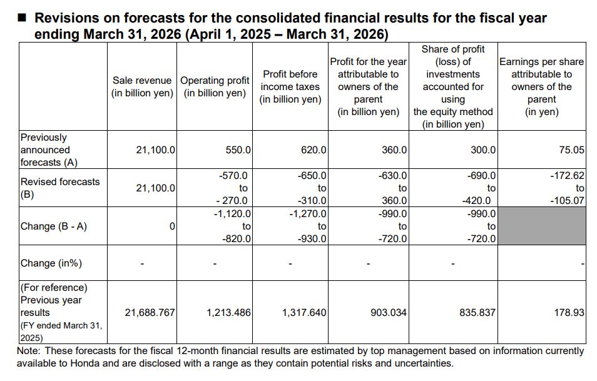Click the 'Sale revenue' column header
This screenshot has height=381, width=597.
pyautogui.click(x=142, y=87)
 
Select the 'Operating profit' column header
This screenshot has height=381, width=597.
pyautogui.click(x=215, y=87)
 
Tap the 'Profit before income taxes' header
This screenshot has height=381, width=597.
pyautogui.click(x=290, y=87)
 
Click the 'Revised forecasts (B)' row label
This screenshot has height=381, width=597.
pyautogui.click(x=59, y=188)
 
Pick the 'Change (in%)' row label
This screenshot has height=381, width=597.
pyautogui.click(x=51, y=263)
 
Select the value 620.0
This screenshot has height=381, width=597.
pyautogui.click(x=314, y=150)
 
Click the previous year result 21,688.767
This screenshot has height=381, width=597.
pyautogui.click(x=150, y=312)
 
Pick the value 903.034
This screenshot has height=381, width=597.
pyautogui.click(x=389, y=312)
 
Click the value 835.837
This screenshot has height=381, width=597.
pyautogui.click(x=477, y=312)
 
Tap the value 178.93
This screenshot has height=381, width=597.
pyautogui.click(x=569, y=312)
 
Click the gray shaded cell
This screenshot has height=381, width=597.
pyautogui.click(x=542, y=226)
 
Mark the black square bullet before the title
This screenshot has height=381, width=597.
pyautogui.click(x=22, y=18)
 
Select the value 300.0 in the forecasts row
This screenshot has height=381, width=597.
pyautogui.click(x=483, y=150)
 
